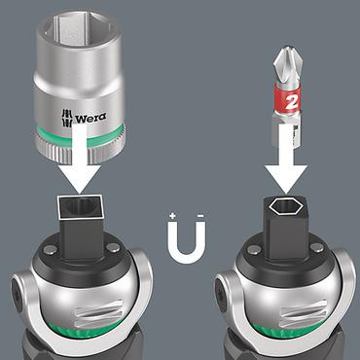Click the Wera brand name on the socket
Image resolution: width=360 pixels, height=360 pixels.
pyautogui.click(x=90, y=117)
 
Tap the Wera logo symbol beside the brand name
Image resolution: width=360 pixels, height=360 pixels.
pyautogui.click(x=67, y=118)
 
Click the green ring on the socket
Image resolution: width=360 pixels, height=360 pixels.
pyautogui.click(x=79, y=133)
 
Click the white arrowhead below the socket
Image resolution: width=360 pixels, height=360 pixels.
pyautogui.click(x=81, y=178)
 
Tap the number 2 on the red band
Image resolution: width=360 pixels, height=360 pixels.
pyautogui.click(x=291, y=102)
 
